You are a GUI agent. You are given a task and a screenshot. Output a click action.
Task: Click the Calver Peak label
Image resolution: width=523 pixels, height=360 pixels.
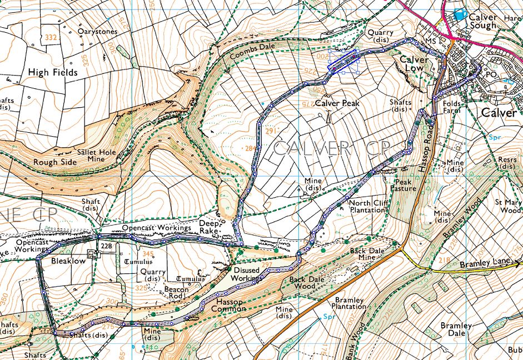(x=337, y=103)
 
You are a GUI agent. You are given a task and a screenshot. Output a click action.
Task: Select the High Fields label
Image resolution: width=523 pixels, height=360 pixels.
(x=53, y=72)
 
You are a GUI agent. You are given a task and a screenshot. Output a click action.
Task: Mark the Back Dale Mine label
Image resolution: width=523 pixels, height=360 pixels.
(x=367, y=255)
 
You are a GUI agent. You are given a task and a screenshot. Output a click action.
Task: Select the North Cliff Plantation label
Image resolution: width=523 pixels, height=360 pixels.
(x=367, y=207)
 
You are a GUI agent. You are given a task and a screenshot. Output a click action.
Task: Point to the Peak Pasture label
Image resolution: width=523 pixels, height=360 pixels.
(x=405, y=185)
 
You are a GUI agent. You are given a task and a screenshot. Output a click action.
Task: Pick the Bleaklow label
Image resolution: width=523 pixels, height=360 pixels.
(x=68, y=261)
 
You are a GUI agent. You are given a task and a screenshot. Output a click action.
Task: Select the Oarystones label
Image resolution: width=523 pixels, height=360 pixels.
(x=98, y=32)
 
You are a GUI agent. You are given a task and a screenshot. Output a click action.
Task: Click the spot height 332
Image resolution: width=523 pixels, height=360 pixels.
(x=52, y=37)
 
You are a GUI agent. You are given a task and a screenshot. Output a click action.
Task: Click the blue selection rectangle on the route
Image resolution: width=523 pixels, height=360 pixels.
(x=343, y=60)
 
